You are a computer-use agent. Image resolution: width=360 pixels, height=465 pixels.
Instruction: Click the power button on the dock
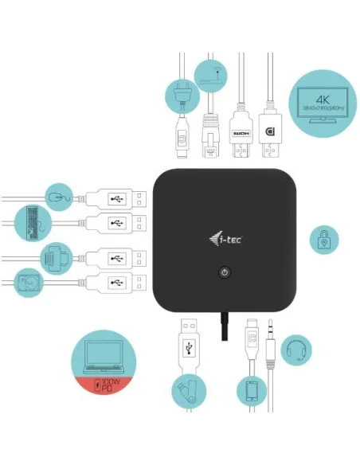tap(225, 272)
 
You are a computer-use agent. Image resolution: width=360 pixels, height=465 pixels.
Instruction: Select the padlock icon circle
tap(323, 238)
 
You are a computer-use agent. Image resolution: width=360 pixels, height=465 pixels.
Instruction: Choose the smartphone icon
tap(250, 390)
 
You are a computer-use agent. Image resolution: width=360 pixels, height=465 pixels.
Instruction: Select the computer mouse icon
tap(58, 196)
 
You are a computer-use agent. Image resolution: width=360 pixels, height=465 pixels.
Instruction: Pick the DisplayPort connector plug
tap(271, 136)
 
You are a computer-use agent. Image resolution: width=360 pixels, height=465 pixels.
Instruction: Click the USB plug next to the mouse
tap(116, 197)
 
